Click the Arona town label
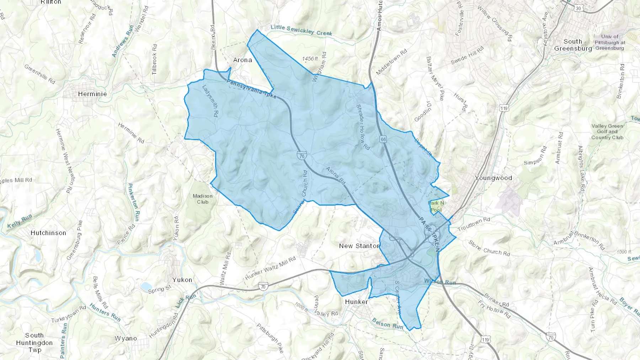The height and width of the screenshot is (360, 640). point(242,60)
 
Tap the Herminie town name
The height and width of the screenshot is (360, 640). point(92,94)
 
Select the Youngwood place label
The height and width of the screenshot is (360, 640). point(494,178)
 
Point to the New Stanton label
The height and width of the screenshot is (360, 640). point(359,246)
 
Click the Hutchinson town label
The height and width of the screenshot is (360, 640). point(48,233)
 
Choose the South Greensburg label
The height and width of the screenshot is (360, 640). point(573,45)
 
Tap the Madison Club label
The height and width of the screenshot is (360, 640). point(203,199)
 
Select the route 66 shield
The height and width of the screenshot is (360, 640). point(383,139)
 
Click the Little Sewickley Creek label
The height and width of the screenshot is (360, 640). point(301,30)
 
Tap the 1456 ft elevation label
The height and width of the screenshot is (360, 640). point(310,59)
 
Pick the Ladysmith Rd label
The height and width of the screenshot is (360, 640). point(210,101)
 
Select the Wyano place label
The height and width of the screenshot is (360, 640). point(126,338)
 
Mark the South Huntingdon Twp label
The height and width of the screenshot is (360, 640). point(34,343)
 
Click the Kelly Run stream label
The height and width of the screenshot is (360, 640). point(20,221)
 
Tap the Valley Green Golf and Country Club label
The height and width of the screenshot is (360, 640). point(607,132)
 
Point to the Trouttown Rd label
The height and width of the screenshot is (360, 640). point(474,225)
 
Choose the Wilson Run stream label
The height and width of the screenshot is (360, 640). point(440,282)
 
